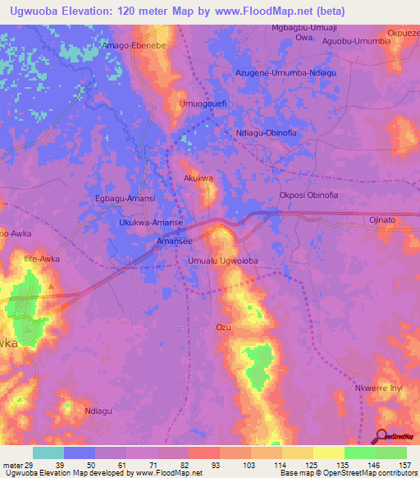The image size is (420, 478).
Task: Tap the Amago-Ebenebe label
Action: click(x=135, y=46)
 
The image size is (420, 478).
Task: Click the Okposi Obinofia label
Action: click(x=308, y=195)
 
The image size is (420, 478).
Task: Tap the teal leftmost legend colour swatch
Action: click(x=48, y=453)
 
